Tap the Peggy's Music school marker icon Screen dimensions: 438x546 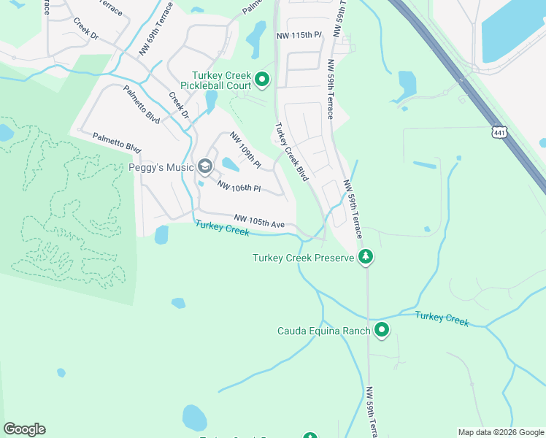click(204, 167)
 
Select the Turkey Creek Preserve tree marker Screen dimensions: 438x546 click(366, 257)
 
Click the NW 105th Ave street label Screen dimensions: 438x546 click(259, 221)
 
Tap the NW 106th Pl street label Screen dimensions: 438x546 click(238, 187)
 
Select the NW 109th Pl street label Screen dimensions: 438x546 click(246, 150)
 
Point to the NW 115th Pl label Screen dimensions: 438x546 click(299, 35)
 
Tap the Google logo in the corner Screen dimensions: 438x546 click(24, 429)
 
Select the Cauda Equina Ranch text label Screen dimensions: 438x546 click(324, 331)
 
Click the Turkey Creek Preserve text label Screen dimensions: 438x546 click(304, 258)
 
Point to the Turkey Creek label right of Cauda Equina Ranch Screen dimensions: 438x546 click(442, 318)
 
